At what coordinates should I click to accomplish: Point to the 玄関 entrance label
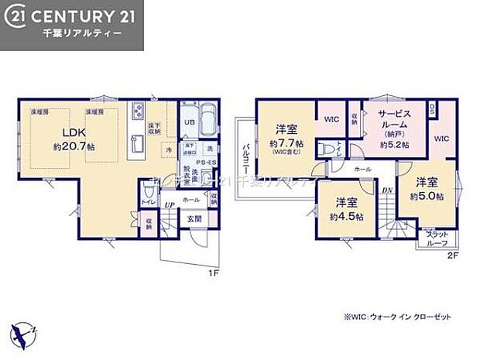click(194, 219)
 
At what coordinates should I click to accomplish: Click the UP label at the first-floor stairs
click(168, 204)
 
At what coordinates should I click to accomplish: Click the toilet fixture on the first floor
click(149, 191)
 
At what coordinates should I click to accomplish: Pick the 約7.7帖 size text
click(286, 143)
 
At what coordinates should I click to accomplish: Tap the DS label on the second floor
click(432, 108)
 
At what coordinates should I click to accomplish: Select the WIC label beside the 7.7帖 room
click(331, 119)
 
